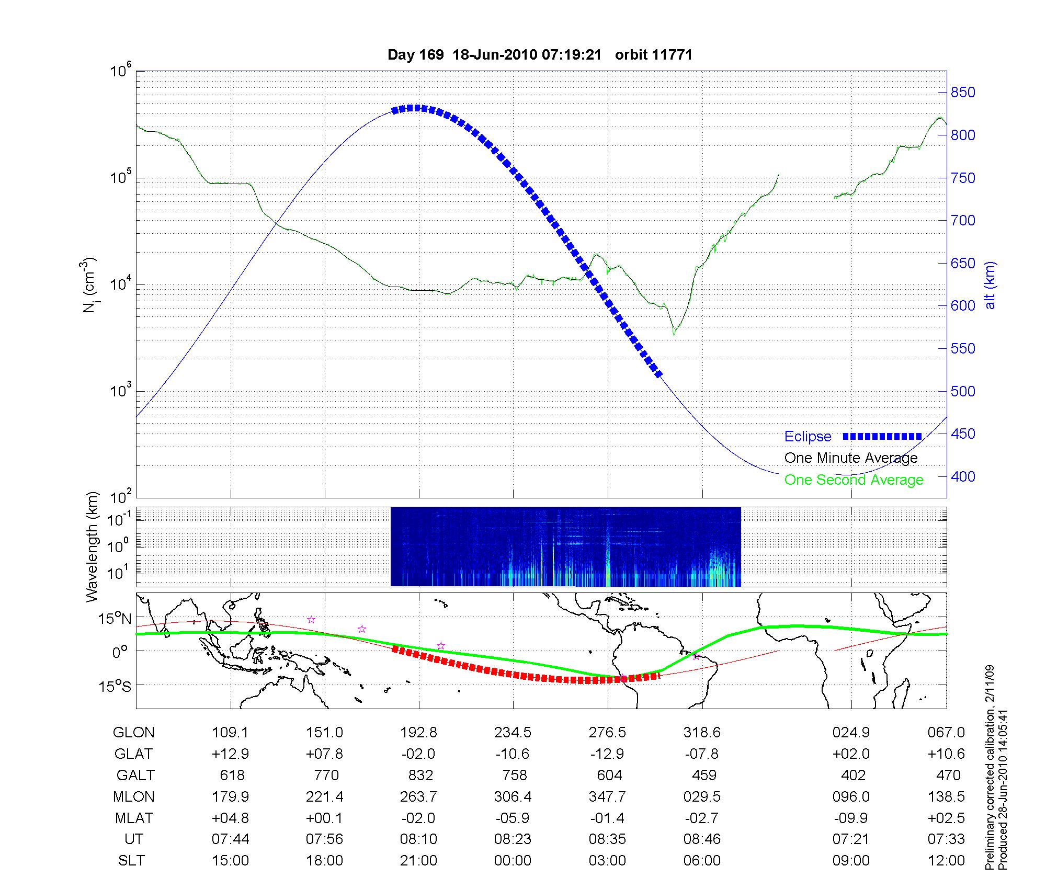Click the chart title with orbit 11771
coord(540,55)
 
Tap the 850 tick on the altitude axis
coord(963,93)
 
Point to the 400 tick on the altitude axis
coord(963,476)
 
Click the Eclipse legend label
coord(808,436)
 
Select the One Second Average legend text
coord(854,480)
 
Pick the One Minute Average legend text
coord(851,458)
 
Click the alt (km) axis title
coord(990,285)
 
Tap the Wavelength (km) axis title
coord(93,546)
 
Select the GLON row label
coord(133,733)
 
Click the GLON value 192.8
coord(418,733)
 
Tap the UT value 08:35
coord(607,839)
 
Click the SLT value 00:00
coord(513,861)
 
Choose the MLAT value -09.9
coord(851,818)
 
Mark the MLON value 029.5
coord(702,796)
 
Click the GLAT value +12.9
coord(230,754)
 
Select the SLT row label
coord(131,861)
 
